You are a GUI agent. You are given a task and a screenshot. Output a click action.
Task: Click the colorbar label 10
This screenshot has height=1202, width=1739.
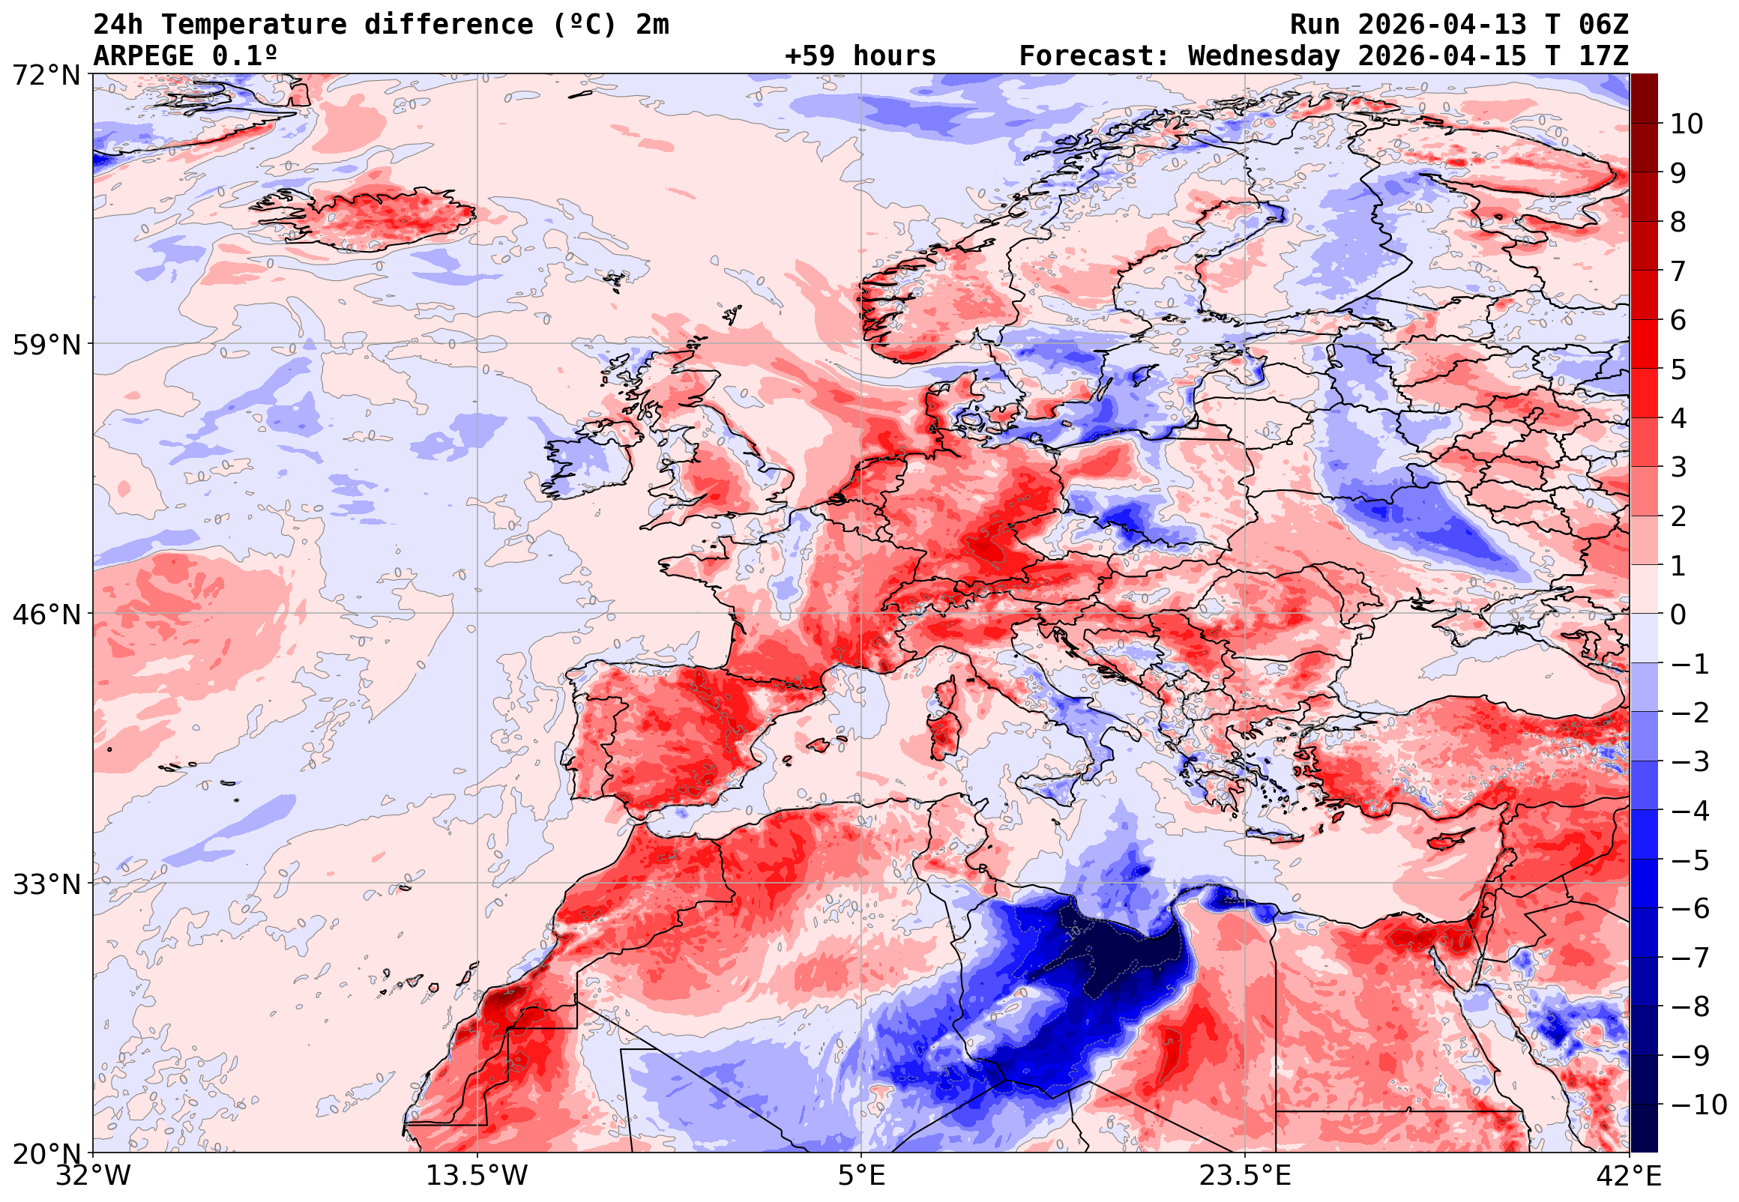(x=1687, y=124)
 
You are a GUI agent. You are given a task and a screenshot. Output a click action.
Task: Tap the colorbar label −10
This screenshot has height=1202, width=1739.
(x=1699, y=1105)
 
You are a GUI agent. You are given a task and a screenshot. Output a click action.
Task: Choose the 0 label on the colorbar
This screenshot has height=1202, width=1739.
(x=1678, y=614)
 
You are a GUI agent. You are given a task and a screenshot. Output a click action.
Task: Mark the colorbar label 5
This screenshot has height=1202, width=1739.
(x=1678, y=369)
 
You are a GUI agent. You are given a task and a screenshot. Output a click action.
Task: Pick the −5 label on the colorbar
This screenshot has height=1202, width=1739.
(x=1690, y=860)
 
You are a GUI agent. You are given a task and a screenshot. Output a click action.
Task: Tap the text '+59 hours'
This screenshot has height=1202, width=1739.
(x=860, y=56)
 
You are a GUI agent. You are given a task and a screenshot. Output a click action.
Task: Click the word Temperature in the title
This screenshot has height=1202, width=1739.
(x=254, y=25)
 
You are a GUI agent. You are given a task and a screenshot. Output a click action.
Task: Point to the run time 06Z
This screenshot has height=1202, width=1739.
(x=1603, y=25)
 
